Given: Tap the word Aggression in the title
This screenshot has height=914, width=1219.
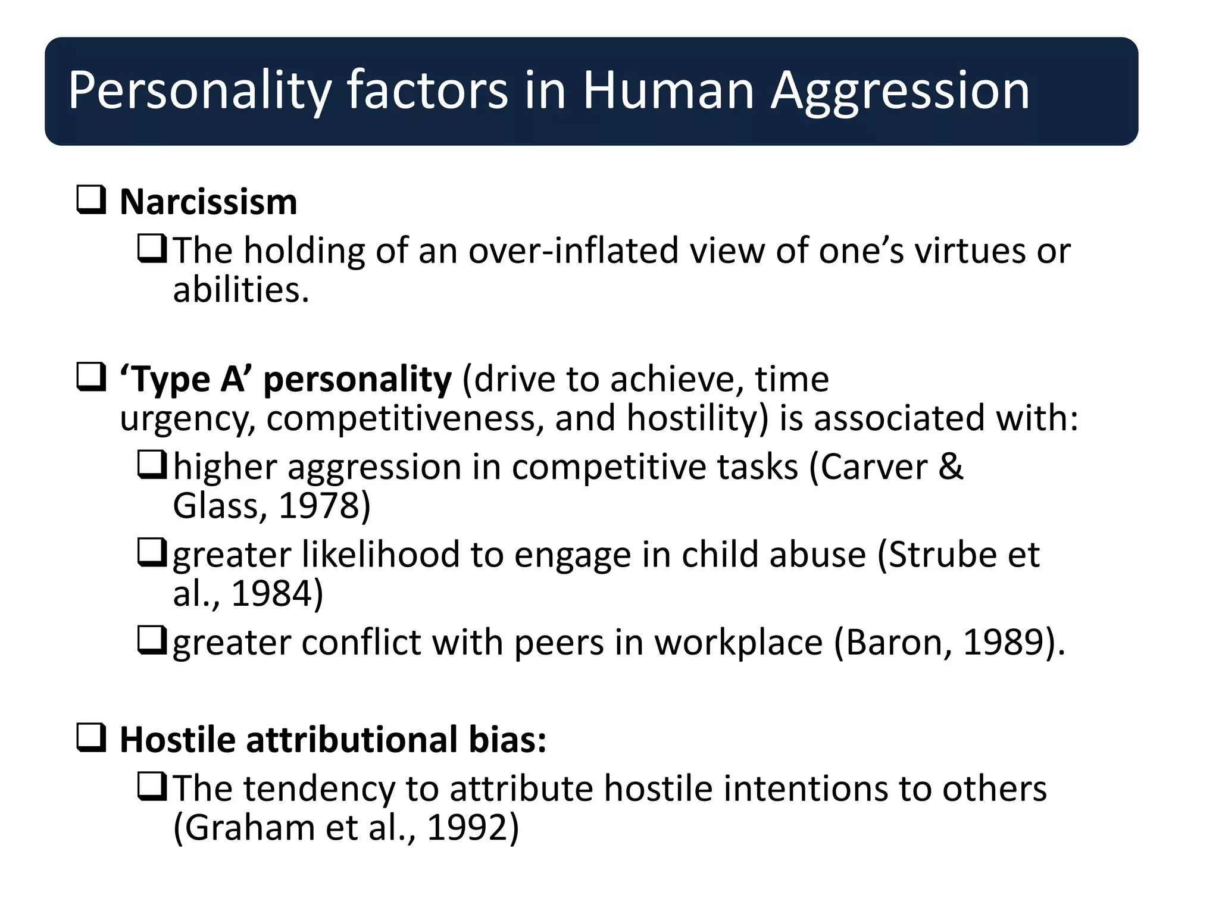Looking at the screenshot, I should tap(900, 92).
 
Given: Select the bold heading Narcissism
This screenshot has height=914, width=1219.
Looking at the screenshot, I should tap(208, 202).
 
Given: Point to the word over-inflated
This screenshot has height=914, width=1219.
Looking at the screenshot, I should tap(573, 251).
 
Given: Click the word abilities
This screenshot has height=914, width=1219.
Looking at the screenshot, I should tap(240, 290).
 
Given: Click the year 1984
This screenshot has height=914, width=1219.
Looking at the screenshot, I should tap(271, 594).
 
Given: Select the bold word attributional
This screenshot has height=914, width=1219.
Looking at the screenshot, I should tap(352, 740).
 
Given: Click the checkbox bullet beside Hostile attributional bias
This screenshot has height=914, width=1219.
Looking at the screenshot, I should tap(91, 738).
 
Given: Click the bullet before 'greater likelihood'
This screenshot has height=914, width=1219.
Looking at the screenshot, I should tap(152, 553).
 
